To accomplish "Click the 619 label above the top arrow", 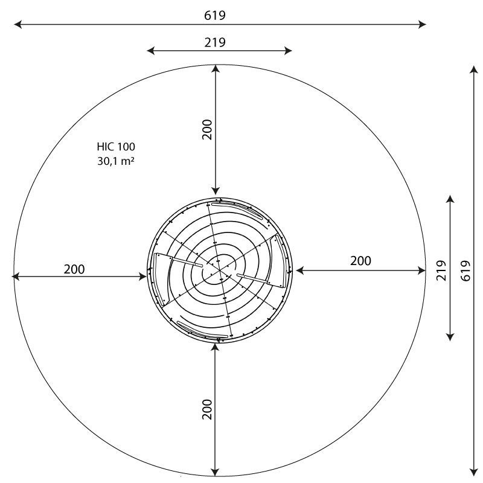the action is click(215, 16).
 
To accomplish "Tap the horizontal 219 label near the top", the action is click(215, 42).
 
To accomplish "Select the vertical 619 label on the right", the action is click(465, 270).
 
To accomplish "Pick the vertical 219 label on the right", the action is click(441, 270).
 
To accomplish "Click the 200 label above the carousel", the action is click(207, 130).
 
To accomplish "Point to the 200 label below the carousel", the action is click(207, 409).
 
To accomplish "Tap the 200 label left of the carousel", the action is click(74, 269).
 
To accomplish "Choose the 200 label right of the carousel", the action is click(360, 261).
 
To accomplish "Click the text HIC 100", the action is click(116, 147).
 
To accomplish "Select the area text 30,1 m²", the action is click(116, 161).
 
